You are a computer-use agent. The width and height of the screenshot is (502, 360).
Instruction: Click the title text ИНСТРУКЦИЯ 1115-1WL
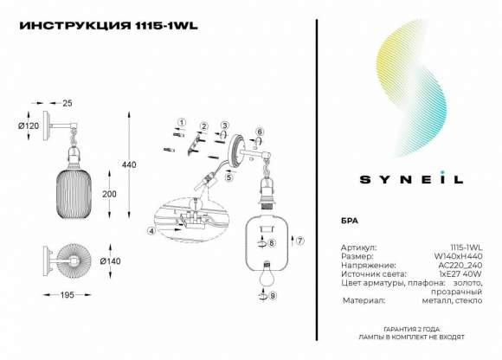108,26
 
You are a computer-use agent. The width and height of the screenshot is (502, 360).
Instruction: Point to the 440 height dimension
131,165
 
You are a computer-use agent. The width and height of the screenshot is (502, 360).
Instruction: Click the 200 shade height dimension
109,194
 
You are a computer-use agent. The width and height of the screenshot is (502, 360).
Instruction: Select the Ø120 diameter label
29,126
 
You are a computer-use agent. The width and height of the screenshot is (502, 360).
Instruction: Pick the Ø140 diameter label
110,260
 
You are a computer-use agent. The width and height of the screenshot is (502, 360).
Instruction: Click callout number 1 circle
181,122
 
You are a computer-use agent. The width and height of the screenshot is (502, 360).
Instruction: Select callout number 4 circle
151,231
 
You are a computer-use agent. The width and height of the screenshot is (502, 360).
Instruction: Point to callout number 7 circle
300,240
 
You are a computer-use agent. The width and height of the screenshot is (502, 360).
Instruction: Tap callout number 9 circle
274,296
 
